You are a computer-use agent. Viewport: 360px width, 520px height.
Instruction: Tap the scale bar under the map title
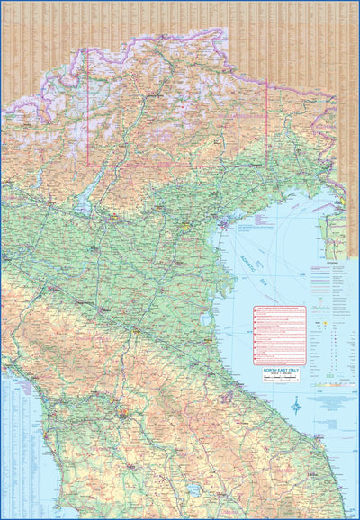tap(284, 380)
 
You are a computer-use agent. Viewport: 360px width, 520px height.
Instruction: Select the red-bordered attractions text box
tap(280, 335)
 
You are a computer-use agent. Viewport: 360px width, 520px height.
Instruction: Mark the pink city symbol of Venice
tap(221, 221)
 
